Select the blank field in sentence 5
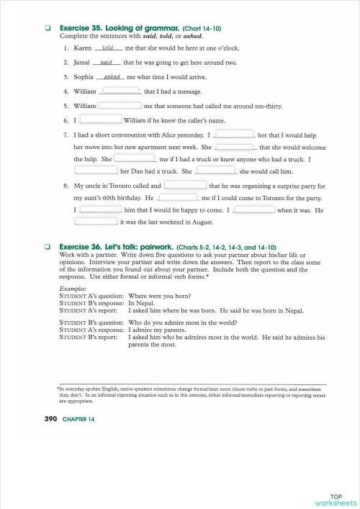[120, 106]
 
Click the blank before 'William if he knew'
[100, 120]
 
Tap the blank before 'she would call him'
[216, 171]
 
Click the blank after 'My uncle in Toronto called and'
[186, 185]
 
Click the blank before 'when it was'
[254, 210]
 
